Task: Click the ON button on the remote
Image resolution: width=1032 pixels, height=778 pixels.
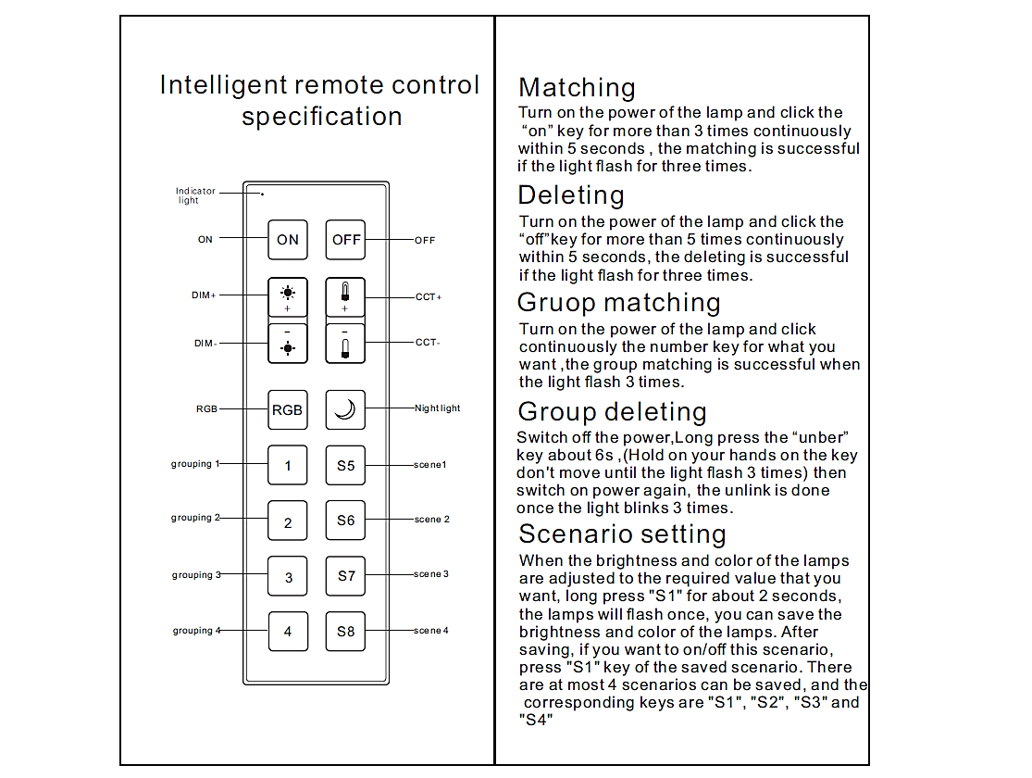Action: coord(288,239)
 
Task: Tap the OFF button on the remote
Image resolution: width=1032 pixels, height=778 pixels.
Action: coord(346,239)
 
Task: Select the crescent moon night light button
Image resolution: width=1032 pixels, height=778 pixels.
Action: coord(345,409)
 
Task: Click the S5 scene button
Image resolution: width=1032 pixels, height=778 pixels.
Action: coord(345,465)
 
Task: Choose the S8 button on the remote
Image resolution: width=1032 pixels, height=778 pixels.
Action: coord(345,632)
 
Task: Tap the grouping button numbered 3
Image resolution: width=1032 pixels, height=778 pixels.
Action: coord(288,576)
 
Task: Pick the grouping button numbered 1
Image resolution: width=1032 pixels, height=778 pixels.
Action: coord(288,465)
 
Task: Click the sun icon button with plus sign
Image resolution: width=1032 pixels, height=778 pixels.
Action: coord(288,296)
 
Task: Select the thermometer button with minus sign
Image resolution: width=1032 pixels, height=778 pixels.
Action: coord(345,344)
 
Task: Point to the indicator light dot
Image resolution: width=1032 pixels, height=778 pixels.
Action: coord(262,194)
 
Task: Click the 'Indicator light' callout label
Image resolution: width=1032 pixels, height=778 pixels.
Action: coord(195,195)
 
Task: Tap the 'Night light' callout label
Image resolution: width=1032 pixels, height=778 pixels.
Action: coord(438,408)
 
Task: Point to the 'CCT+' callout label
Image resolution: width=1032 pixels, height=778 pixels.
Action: coord(429,297)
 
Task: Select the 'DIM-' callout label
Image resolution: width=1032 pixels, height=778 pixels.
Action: coord(205,344)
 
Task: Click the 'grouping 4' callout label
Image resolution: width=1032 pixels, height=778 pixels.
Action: coord(196,631)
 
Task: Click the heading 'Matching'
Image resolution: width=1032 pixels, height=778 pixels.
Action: coord(577,88)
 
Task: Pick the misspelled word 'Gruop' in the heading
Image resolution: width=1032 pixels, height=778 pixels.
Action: coord(553,303)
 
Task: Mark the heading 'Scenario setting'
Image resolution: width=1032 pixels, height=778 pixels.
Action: coord(622,534)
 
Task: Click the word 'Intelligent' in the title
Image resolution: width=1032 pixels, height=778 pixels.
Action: coord(224,85)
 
